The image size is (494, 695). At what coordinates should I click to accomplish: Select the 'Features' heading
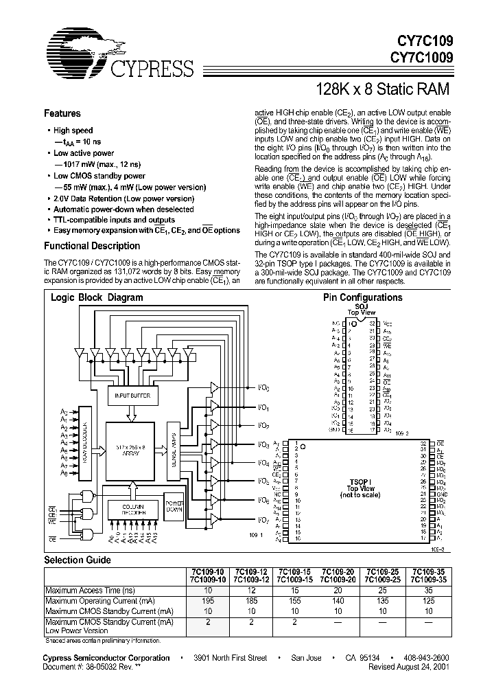62,114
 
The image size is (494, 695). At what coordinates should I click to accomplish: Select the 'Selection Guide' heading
78,560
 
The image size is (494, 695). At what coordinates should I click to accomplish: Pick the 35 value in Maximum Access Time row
428,591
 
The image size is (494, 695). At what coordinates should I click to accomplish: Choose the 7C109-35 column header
428,571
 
